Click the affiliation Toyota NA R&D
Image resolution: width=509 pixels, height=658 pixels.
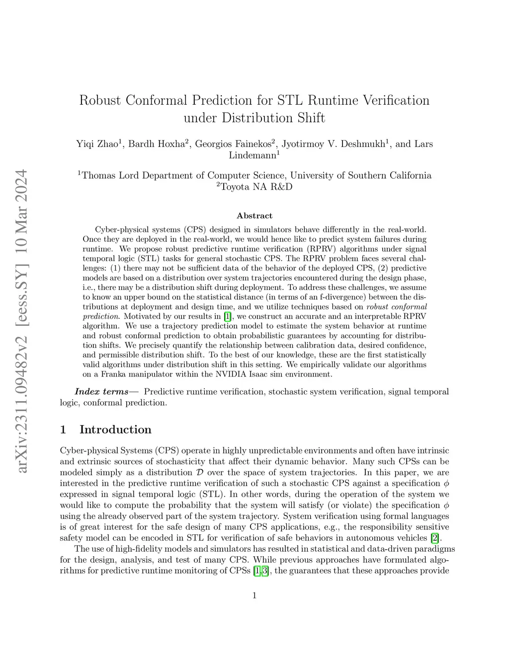click(254, 187)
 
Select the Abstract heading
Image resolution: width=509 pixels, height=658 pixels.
click(254, 216)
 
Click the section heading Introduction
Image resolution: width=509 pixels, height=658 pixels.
click(115, 430)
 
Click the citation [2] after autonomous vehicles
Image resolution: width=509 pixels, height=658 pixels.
click(435, 538)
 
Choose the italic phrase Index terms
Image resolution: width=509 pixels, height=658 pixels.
click(102, 392)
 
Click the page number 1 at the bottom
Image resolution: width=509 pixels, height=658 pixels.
click(254, 595)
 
